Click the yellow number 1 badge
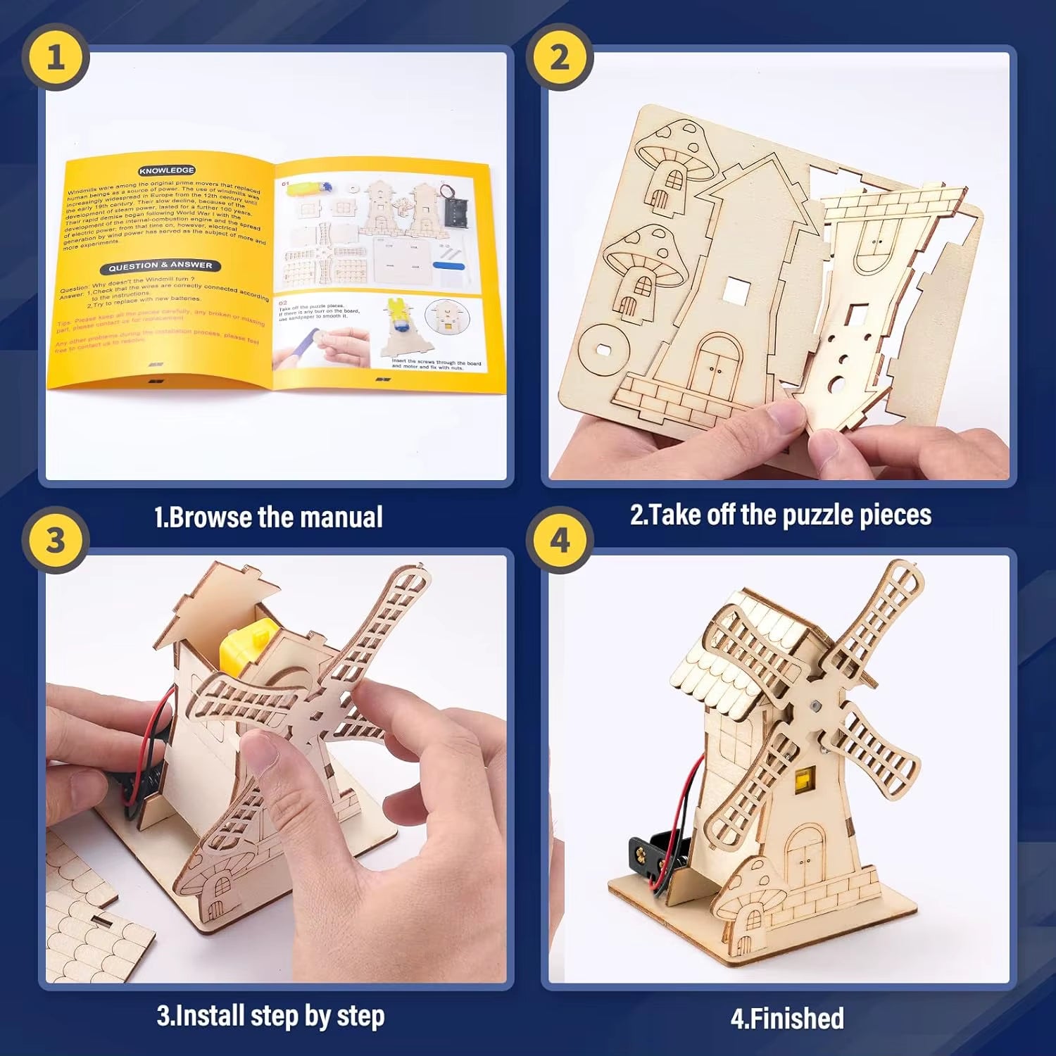55,56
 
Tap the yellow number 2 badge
559,56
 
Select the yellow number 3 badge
55,540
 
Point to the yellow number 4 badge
559,540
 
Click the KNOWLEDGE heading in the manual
167,170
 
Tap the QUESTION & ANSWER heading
160,266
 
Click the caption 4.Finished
787,1018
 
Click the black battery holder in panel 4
655,855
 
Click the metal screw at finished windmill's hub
815,704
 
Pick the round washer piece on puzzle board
604,348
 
